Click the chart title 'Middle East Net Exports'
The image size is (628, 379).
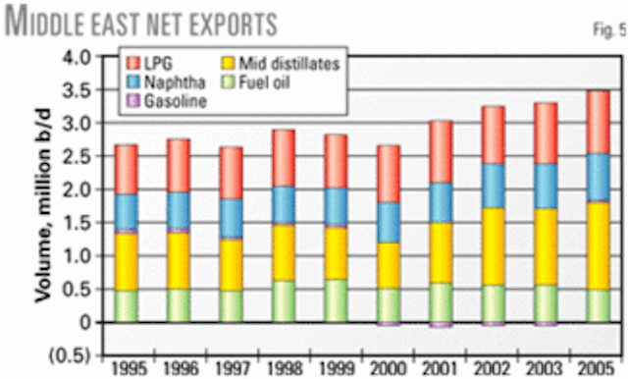click(141, 21)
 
